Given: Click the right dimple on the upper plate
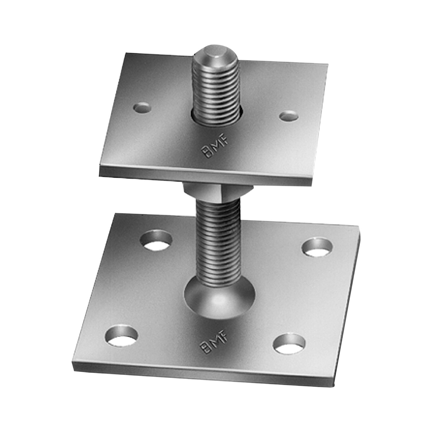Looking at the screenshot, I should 289,115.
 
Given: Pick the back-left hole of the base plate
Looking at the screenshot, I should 156,240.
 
